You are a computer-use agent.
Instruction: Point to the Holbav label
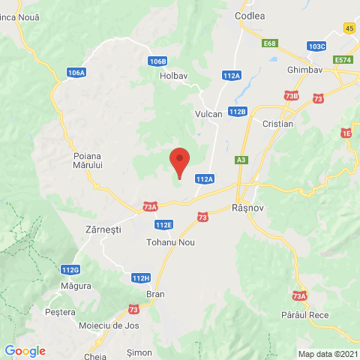click(172, 75)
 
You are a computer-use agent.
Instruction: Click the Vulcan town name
click(208, 113)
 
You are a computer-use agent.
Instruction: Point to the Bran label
click(155, 295)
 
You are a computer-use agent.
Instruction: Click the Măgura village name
click(75, 286)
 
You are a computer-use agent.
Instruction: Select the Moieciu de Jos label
click(109, 326)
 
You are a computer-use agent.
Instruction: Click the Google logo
click(25, 351)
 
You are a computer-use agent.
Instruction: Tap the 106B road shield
click(157, 61)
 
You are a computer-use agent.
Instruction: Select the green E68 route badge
click(270, 43)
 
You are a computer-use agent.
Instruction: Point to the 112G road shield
click(70, 270)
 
